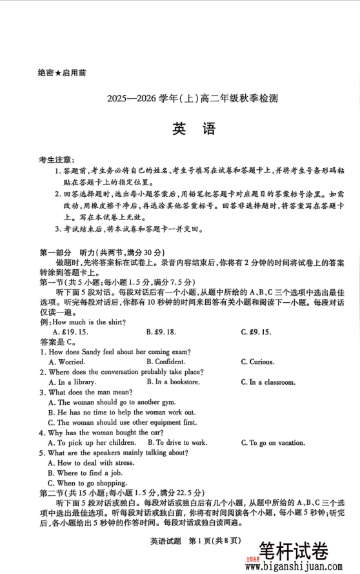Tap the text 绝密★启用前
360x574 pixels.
click(62, 73)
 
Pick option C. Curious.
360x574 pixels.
click(257, 362)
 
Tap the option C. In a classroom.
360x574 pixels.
click(268, 382)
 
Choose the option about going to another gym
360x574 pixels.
click(112, 402)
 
